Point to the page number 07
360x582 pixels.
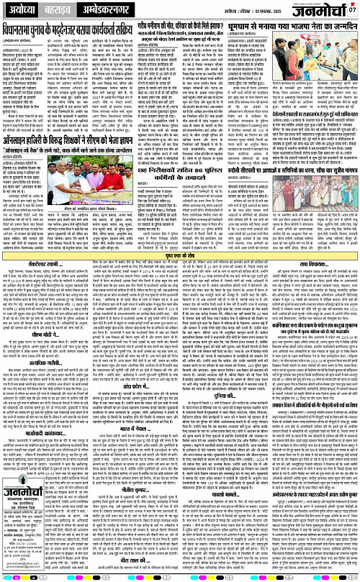coord(353,9)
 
